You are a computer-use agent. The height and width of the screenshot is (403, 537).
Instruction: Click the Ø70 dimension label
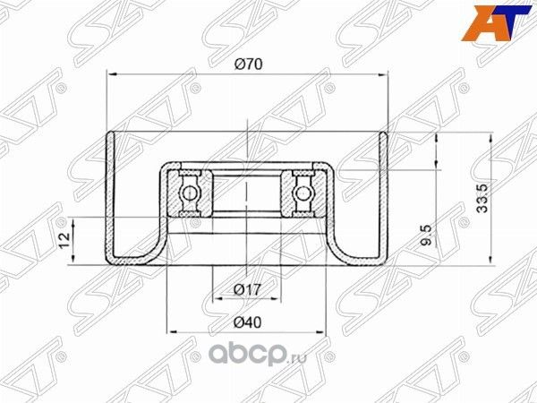tap(248, 64)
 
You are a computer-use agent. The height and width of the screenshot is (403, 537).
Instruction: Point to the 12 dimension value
tap(64, 238)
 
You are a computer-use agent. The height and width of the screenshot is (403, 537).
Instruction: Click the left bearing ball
tap(190, 191)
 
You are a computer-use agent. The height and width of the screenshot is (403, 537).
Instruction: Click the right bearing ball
tap(304, 191)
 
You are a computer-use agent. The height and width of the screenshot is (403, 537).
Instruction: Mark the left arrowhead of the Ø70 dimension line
tap(111, 75)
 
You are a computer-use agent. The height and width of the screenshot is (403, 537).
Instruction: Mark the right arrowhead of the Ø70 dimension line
tap(385, 75)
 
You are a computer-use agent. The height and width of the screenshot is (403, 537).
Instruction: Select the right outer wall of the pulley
tap(386, 197)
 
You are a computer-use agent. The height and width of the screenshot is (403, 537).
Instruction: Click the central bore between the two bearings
tap(247, 191)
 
